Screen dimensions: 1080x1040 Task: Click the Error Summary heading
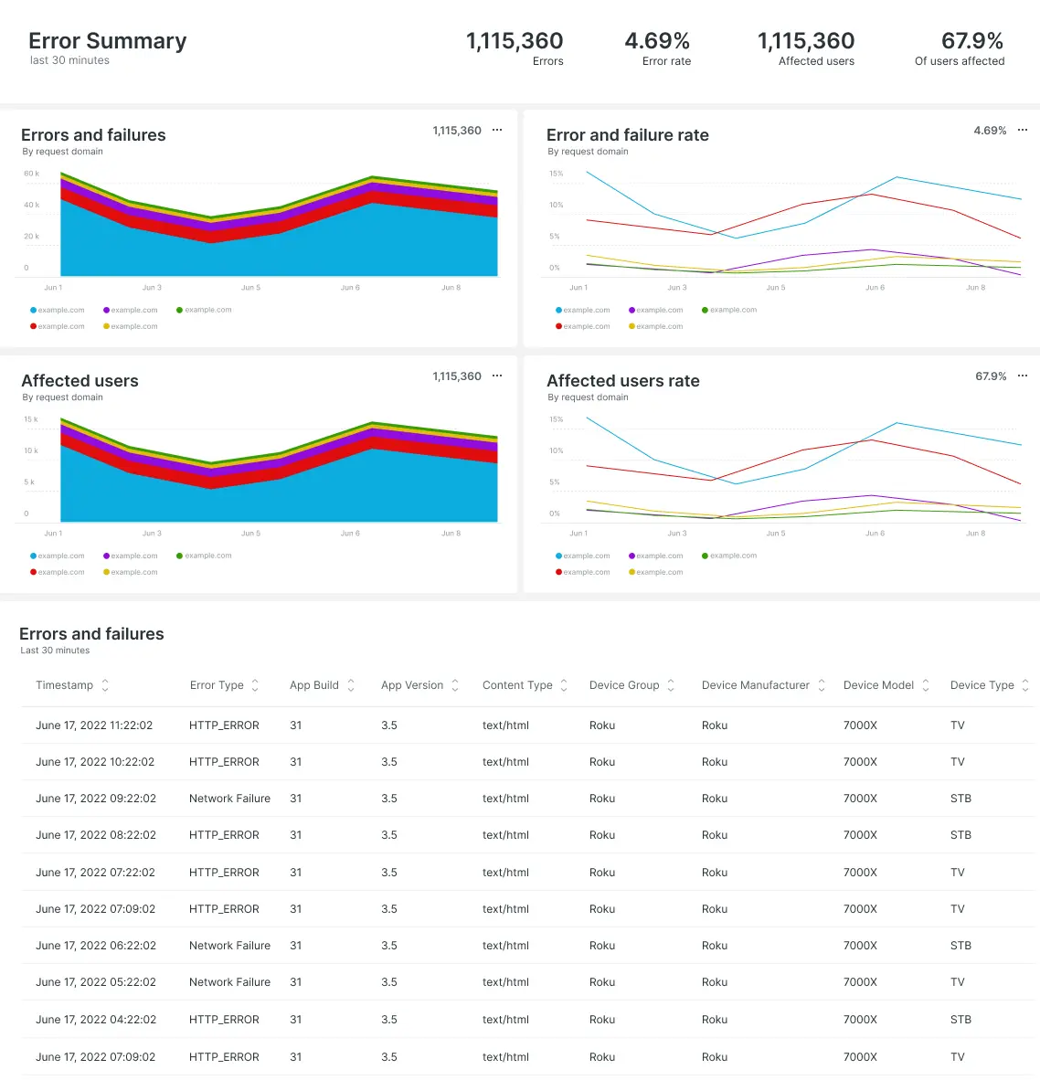(107, 41)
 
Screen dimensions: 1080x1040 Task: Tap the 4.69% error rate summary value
(657, 41)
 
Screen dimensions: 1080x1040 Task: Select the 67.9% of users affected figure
(971, 41)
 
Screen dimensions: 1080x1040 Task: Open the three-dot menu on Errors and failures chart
(497, 131)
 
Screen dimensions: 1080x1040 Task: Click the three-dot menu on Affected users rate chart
(1023, 376)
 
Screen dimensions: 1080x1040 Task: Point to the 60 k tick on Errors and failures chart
(31, 174)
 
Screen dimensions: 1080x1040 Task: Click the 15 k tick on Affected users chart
(31, 419)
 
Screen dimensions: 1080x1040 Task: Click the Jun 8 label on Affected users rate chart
(975, 534)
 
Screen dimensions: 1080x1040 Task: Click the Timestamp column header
(64, 685)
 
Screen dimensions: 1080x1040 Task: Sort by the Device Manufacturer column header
(755, 685)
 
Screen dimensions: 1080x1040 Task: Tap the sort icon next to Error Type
(255, 685)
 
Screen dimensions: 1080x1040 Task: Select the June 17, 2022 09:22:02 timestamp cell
(96, 799)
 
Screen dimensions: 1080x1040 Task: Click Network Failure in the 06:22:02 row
(229, 946)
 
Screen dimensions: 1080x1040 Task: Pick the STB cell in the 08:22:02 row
(960, 835)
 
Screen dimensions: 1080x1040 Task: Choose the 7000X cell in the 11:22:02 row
(860, 725)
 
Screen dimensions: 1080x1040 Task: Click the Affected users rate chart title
(622, 381)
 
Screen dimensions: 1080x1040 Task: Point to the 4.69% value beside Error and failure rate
(990, 131)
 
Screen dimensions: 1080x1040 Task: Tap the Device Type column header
(982, 685)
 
